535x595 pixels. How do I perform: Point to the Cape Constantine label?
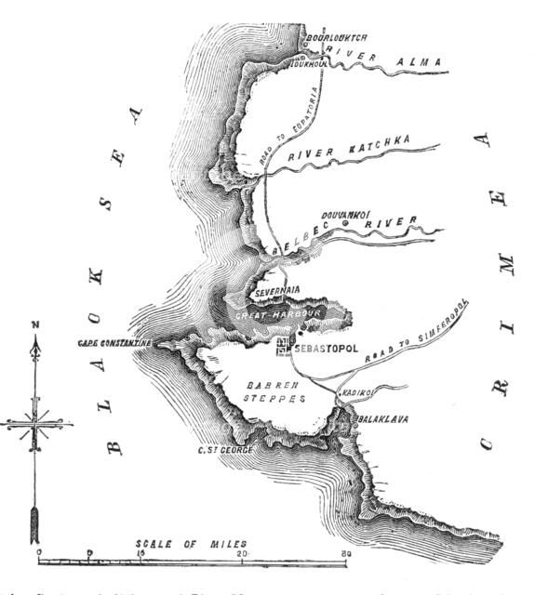(x=114, y=343)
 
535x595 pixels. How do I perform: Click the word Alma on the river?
(x=420, y=58)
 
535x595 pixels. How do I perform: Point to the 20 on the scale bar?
(x=243, y=554)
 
